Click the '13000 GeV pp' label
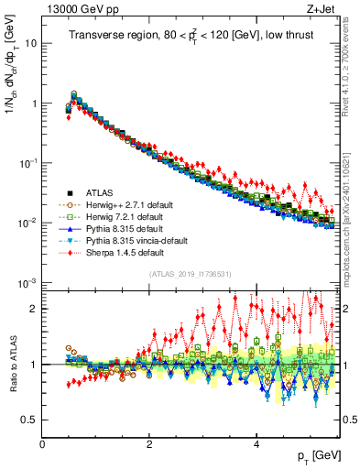(x=81, y=10)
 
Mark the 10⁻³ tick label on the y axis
(x=27, y=282)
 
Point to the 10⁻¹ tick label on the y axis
(x=27, y=163)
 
